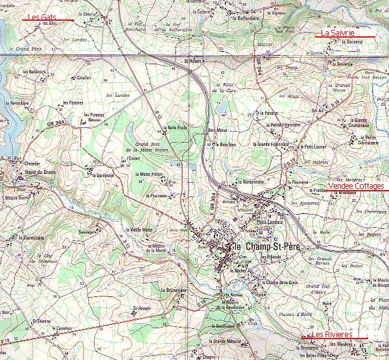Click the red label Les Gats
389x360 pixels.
click(42, 16)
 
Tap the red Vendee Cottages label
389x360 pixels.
click(355, 186)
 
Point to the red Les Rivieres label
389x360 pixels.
click(332, 335)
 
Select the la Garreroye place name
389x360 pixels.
click(103, 174)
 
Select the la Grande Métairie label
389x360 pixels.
click(225, 341)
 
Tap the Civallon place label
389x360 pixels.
click(84, 77)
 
